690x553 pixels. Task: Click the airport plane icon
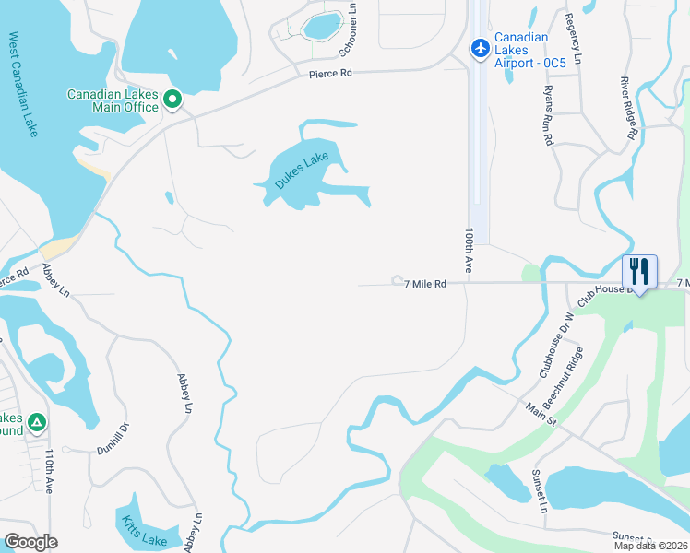coord(480,47)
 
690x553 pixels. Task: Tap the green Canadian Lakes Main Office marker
coord(172,99)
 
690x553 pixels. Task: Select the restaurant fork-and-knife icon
coord(638,271)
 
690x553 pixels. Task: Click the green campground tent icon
coord(36,422)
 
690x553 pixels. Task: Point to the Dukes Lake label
coord(302,171)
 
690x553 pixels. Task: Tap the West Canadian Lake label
coord(24,85)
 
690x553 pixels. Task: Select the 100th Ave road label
coord(469,250)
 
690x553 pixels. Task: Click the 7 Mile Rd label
coord(425,285)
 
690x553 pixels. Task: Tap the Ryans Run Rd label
coord(548,114)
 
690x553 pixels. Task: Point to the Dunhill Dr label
coord(115,450)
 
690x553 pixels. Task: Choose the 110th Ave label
coord(48,470)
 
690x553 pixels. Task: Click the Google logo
coord(30,541)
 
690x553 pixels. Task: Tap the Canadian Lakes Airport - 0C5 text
coord(522,50)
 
